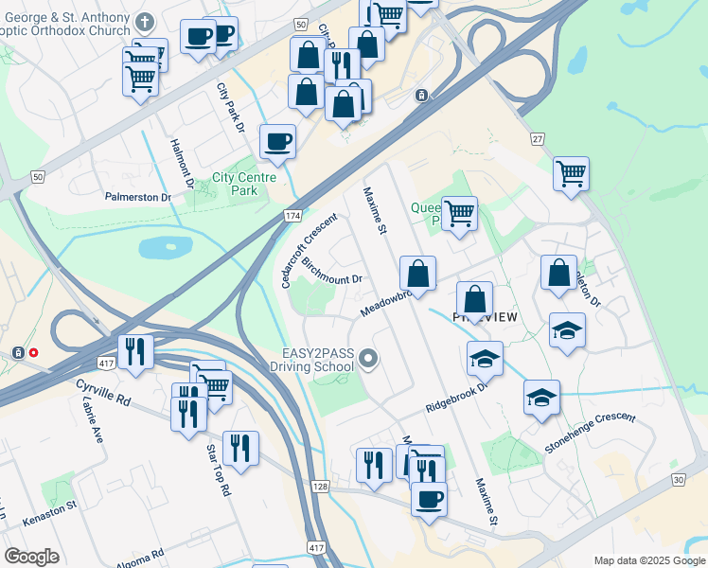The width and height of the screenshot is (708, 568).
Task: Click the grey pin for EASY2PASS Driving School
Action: (x=369, y=358)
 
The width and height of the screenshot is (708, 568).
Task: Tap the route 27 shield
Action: (x=538, y=139)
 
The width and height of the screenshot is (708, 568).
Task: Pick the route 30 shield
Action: (x=678, y=480)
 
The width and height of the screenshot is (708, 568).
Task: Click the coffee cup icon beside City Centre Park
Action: (x=276, y=142)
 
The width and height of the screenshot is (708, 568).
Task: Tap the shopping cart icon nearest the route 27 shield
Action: (x=571, y=174)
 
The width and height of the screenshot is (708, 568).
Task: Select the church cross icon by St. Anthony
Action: (x=144, y=21)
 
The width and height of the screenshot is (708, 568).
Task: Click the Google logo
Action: (x=31, y=557)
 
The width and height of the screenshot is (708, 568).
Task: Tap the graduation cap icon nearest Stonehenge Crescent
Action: (x=541, y=398)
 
